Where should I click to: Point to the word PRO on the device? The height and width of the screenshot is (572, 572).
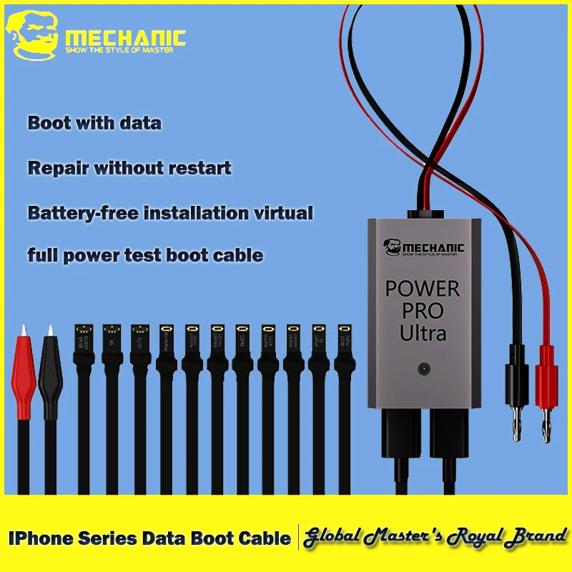423,310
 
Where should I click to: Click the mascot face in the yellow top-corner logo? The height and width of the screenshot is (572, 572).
32,36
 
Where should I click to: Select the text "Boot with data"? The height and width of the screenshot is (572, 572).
94,123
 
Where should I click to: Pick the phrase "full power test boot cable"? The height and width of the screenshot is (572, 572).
145,255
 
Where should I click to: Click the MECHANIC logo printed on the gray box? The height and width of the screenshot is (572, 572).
424,247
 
